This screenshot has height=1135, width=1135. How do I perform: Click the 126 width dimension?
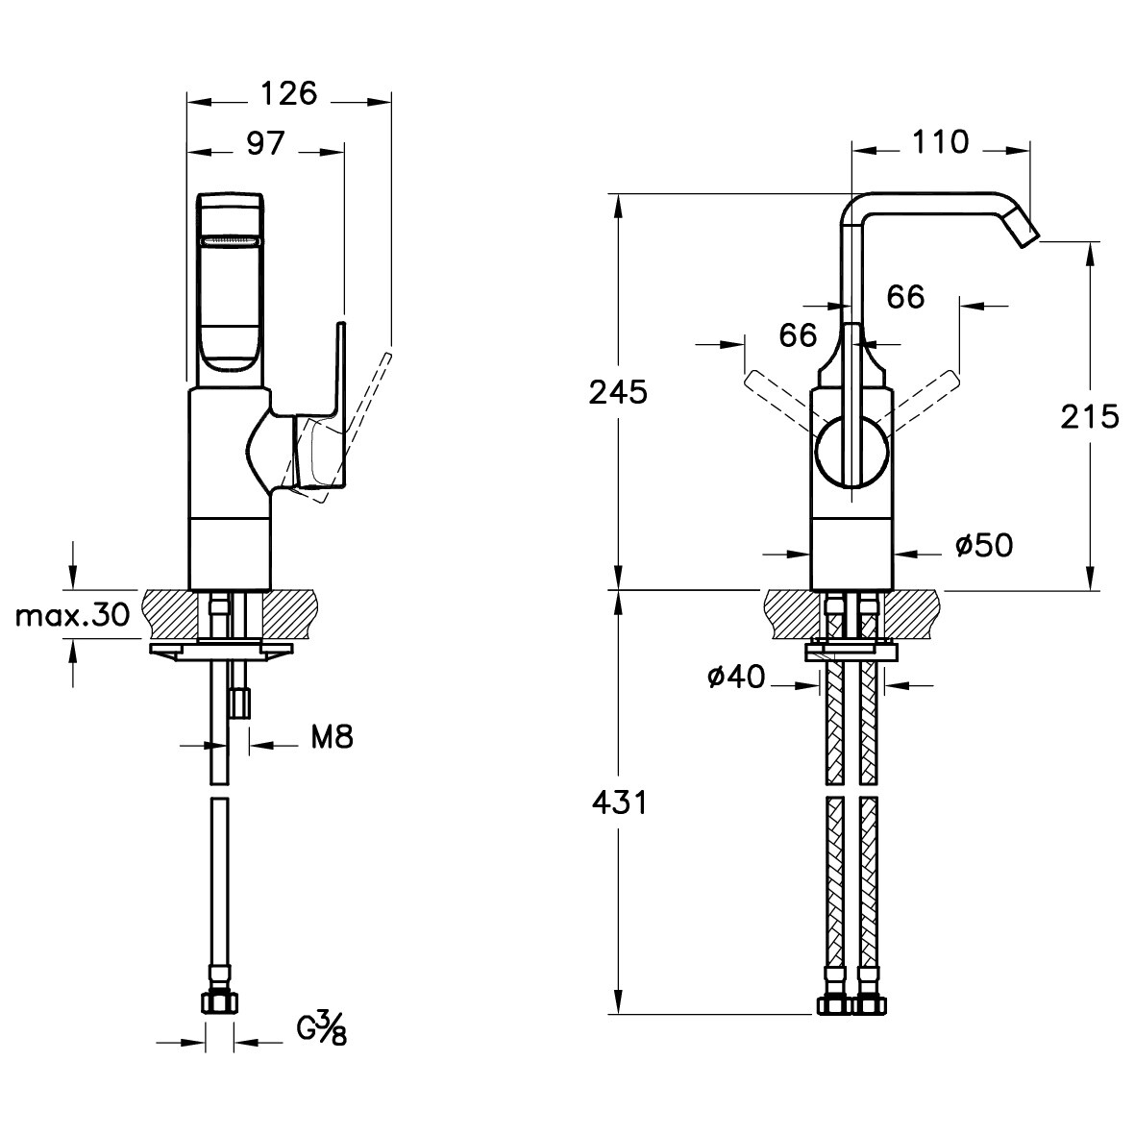point(289,94)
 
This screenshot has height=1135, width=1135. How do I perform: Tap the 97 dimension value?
point(265,144)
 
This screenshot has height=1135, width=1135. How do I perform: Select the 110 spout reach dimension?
point(940,142)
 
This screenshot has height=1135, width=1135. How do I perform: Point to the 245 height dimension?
point(617,393)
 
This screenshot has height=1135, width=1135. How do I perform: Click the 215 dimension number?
point(1090,417)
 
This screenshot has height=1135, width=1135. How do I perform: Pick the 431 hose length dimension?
point(620,802)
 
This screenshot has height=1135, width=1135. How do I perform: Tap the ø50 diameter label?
point(984,545)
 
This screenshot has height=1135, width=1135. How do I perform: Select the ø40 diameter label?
point(735,678)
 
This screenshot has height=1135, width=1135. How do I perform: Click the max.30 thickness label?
point(72,616)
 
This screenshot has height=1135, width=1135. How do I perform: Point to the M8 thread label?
point(333,737)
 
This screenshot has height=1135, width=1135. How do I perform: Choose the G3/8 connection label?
point(321,1029)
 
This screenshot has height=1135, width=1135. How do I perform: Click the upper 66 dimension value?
point(905,297)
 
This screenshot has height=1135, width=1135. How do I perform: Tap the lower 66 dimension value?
point(798,335)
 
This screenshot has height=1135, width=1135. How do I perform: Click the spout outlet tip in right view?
point(1029,236)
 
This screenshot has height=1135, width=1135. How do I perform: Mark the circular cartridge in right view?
point(852,450)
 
